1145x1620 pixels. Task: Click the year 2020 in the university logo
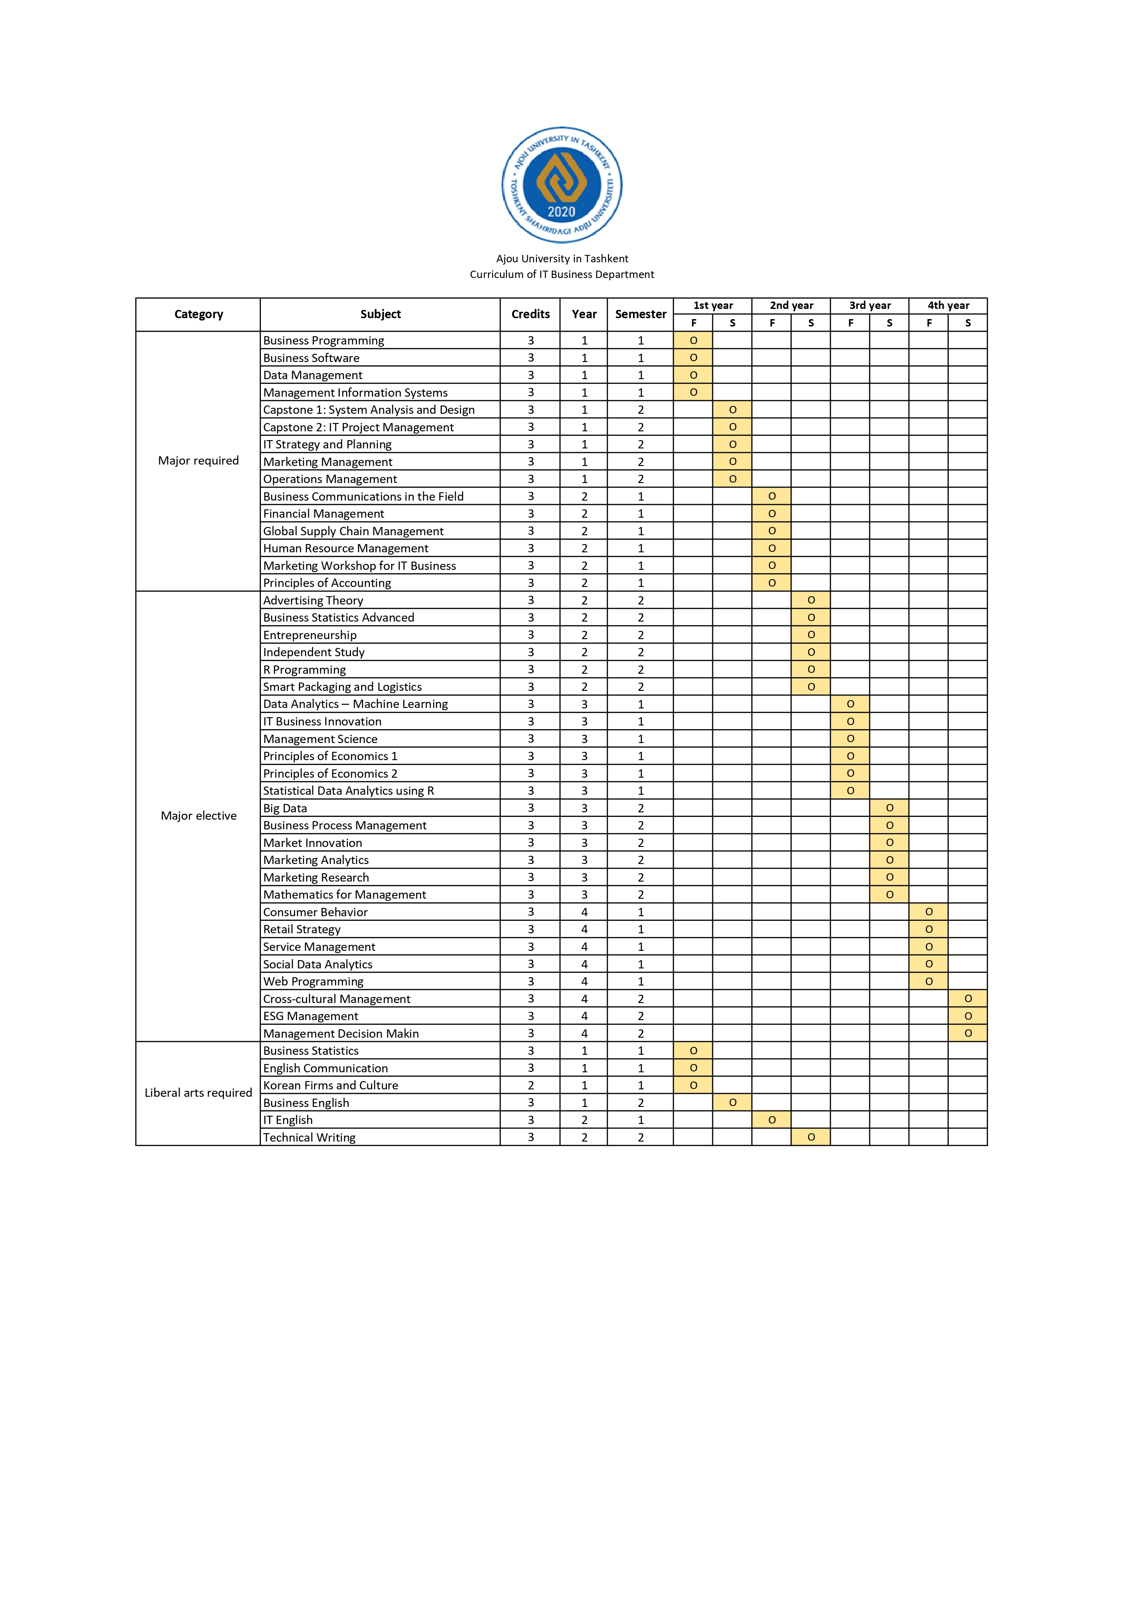(561, 212)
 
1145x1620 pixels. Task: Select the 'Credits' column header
(530, 314)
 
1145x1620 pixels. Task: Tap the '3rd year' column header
(869, 306)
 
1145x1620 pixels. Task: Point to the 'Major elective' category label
(198, 816)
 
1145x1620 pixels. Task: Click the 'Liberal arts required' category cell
(198, 1093)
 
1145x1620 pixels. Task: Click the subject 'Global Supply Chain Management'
(354, 531)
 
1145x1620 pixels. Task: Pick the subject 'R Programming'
(305, 670)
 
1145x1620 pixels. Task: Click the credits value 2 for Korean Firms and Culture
(530, 1085)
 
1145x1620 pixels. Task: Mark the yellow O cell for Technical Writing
(811, 1137)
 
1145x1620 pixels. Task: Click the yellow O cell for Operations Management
(732, 479)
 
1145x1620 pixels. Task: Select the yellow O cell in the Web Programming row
(928, 981)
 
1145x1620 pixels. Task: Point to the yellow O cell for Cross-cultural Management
(968, 998)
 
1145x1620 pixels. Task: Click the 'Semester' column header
(640, 314)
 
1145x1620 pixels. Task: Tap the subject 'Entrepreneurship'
(310, 635)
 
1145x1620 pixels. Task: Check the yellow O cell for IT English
(772, 1120)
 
